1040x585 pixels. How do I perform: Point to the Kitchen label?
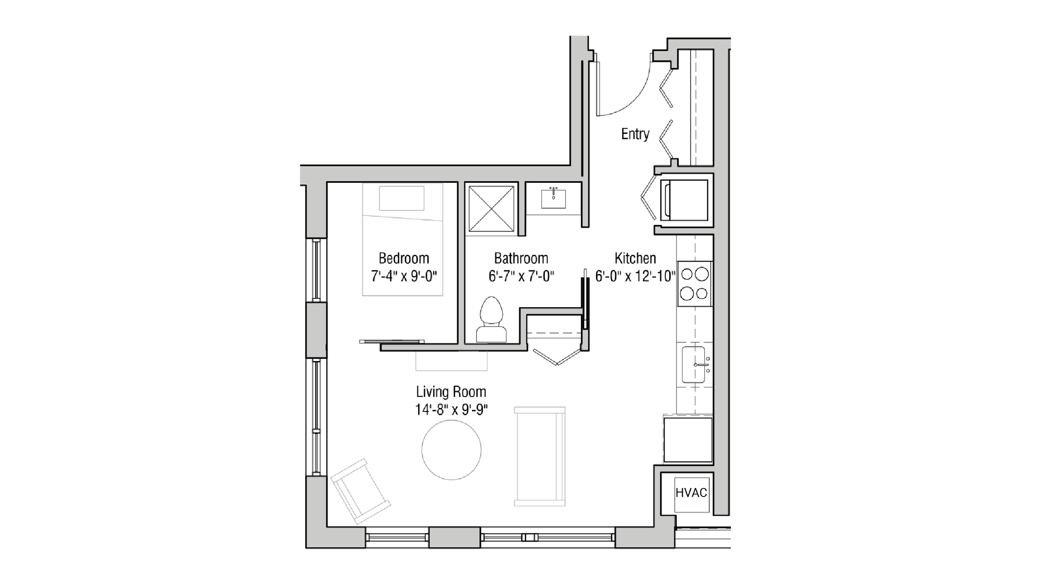point(635,258)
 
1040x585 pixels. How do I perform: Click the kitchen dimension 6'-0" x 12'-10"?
point(635,276)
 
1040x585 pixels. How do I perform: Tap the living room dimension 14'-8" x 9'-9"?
point(451,410)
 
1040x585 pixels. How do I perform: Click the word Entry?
point(635,134)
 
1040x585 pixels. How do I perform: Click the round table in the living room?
point(451,450)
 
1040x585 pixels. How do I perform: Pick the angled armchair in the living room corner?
point(359,491)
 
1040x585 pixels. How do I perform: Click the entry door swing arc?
point(632,99)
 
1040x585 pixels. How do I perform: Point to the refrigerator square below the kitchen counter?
point(688,440)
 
